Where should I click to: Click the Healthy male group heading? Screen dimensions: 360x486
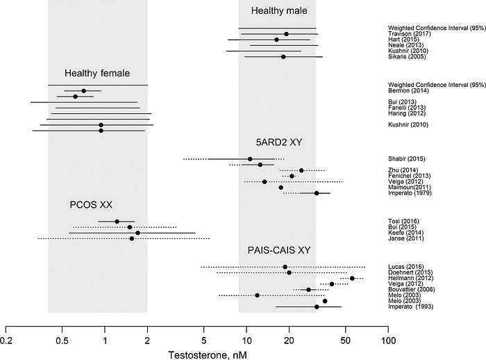pos(276,11)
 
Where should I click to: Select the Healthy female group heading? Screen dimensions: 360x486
pos(97,73)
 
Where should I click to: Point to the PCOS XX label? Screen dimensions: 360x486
pos(91,205)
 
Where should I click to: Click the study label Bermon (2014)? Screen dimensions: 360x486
pos(406,91)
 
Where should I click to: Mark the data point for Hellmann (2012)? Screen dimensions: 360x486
pos(352,278)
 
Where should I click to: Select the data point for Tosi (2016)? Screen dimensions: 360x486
pos(117,222)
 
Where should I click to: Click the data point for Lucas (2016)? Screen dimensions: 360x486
pos(285,267)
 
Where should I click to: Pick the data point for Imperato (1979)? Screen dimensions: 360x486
pos(317,193)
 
